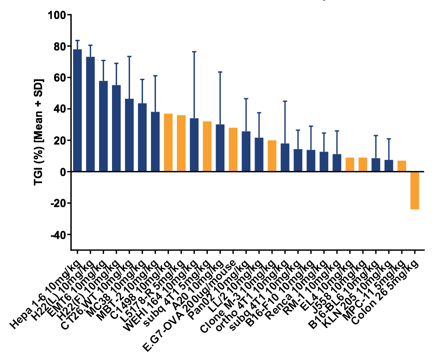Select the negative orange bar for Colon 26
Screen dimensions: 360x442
(415, 190)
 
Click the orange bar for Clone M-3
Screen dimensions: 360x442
(272, 156)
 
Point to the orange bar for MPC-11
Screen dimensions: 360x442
(402, 166)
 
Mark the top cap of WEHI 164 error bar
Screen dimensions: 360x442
(194, 51)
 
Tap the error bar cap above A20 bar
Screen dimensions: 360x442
(220, 72)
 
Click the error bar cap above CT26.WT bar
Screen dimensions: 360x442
(129, 56)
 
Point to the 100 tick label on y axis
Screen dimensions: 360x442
(56, 15)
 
